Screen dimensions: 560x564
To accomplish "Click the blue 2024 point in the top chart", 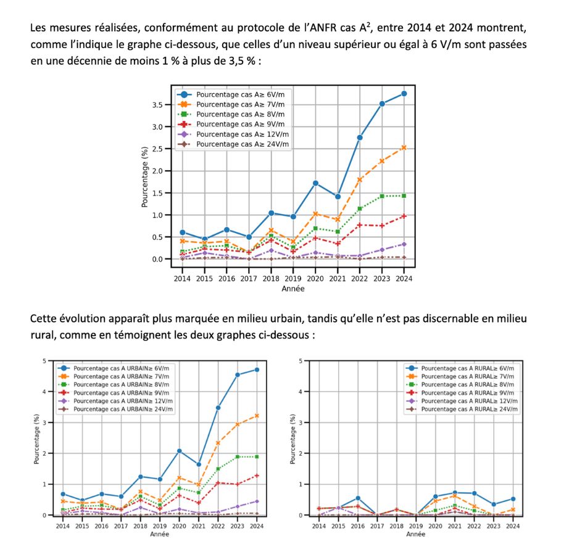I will tap(404, 93).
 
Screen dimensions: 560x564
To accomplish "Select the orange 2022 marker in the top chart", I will tap(360, 179).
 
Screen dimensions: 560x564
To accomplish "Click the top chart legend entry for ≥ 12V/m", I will tap(239, 134).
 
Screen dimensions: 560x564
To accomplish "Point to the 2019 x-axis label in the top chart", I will tap(294, 279).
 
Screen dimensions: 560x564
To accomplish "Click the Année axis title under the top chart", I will tap(293, 288).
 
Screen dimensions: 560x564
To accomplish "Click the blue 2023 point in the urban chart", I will tap(238, 375).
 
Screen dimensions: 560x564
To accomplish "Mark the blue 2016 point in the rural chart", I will tap(358, 498).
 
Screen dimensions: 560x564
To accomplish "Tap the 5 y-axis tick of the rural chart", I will tap(301, 361).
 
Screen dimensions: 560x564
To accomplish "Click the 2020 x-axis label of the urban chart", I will tap(179, 526).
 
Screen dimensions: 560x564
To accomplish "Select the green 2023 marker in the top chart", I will tap(382, 196).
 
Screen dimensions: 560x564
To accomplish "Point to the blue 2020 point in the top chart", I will tap(315, 183).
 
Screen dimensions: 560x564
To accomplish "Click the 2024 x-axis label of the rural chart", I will tap(513, 526).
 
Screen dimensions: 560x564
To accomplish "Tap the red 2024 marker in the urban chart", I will tap(257, 476).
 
